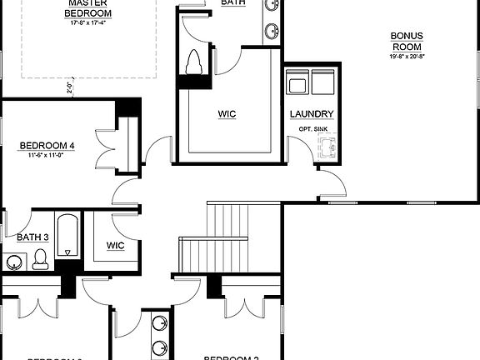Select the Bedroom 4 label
[47, 146]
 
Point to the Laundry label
[312, 114]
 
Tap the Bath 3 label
[33, 237]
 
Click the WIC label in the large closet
[227, 113]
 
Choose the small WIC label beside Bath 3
[115, 246]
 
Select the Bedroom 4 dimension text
[47, 156]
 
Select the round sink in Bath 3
[14, 263]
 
